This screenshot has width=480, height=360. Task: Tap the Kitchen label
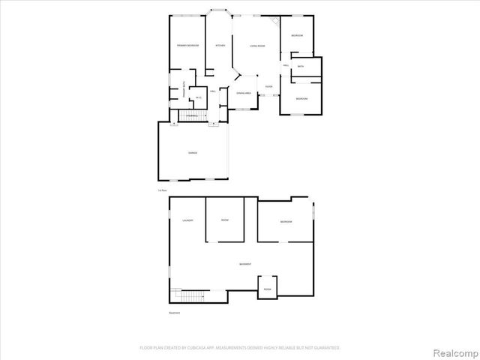tap(220, 46)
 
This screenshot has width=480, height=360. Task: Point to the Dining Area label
tap(243, 93)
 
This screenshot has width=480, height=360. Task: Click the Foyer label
tap(269, 87)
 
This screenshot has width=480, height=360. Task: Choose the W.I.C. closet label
tap(199, 97)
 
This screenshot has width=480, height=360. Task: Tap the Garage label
tap(193, 152)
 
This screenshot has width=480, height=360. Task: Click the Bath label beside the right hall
tap(300, 67)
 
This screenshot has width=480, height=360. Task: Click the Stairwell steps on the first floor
tap(191, 115)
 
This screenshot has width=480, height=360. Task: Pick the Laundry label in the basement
tap(187, 220)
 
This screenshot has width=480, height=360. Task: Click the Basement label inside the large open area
tap(244, 265)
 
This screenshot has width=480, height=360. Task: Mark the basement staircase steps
tap(188, 296)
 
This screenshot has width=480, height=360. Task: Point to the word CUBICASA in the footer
tap(203, 348)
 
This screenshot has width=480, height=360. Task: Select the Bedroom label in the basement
tap(286, 222)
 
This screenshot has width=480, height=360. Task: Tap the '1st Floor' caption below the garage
tap(162, 191)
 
